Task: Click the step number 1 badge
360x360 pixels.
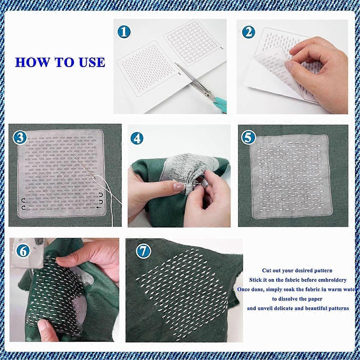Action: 124,32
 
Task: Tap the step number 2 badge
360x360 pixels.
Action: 249,32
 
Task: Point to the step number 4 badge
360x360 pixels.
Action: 137,139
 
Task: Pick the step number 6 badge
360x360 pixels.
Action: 23,252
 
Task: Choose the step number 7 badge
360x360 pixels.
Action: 143,251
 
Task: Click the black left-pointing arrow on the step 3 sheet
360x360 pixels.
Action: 99,207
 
